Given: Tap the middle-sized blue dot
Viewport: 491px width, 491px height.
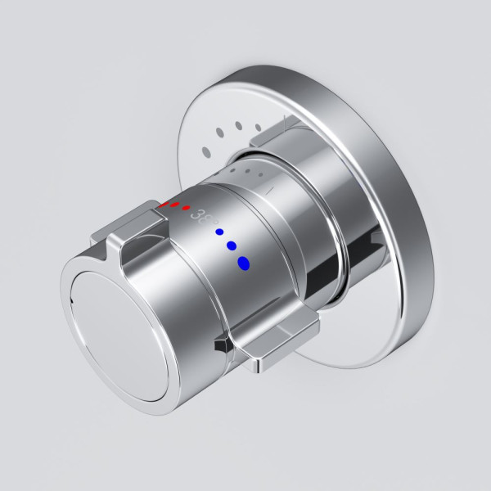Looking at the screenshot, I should pos(232,245).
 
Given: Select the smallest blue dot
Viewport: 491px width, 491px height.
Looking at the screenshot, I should pos(219,232).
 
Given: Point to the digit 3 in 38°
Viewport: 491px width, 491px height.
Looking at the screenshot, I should pos(195,214).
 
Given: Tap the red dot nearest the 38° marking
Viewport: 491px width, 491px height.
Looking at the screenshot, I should pos(186,207).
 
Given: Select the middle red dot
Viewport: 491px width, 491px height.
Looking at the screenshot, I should pos(175,204).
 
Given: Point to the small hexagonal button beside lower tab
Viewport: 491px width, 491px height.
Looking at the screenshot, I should pos(219,346).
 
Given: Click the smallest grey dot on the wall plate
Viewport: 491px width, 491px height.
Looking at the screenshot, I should pos(259,127).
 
